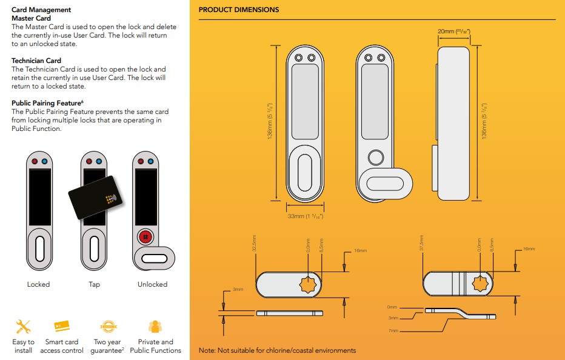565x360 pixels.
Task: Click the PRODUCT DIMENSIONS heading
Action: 239,10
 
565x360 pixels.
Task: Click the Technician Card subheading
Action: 36,61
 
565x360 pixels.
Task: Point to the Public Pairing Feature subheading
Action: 46,103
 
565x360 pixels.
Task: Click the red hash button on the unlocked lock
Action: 145,236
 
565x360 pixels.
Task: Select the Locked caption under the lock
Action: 38,284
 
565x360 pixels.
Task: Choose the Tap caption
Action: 94,284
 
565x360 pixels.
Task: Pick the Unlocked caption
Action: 152,284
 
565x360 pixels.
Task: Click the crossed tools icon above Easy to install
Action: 23,327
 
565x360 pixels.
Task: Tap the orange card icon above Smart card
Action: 62,327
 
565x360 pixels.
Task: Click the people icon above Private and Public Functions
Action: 155,327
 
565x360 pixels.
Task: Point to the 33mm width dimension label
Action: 306,216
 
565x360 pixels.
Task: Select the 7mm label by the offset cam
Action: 393,331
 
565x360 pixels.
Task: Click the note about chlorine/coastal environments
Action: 277,350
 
